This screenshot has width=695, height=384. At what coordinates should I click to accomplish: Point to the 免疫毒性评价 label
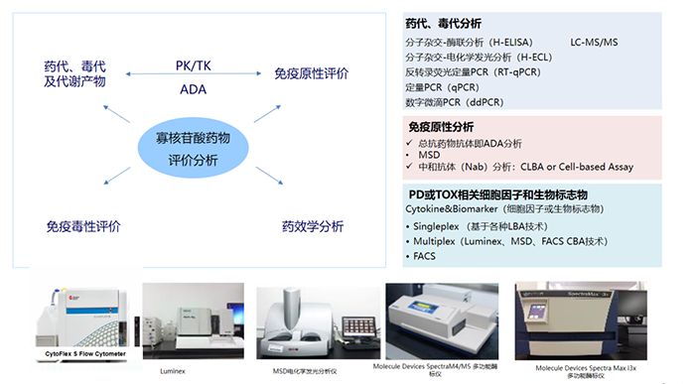point(82,226)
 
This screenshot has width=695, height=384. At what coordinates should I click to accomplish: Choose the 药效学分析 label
point(312,226)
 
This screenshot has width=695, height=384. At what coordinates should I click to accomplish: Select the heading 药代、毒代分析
point(442,24)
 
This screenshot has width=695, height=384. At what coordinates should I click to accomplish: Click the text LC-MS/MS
point(594,42)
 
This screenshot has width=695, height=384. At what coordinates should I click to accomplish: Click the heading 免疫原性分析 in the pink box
point(441,127)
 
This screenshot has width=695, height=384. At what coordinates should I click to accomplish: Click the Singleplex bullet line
point(480,225)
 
